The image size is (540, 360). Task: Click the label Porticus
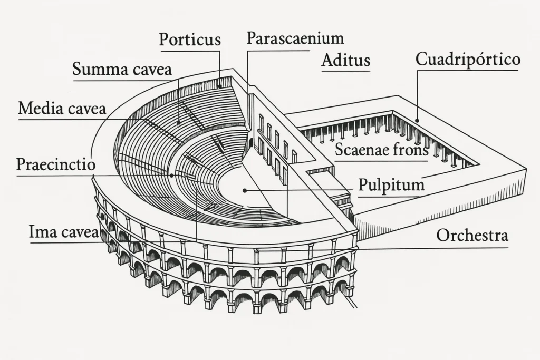tap(190, 40)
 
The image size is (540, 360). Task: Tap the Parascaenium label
tap(295, 38)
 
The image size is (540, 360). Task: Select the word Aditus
tap(345, 60)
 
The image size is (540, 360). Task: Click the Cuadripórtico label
tap(468, 59)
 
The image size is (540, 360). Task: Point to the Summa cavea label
tap(122, 69)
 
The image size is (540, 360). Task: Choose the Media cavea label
tap(62, 109)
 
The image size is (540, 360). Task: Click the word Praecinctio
tap(56, 164)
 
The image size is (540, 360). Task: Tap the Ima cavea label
tap(63, 232)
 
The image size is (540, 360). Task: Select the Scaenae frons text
tap(382, 150)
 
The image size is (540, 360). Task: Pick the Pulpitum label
tap(391, 186)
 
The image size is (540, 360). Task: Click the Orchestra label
tap(472, 236)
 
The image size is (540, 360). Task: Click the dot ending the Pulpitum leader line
tap(244, 190)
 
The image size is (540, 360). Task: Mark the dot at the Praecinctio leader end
tap(171, 175)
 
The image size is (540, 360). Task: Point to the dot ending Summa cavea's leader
tap(178, 123)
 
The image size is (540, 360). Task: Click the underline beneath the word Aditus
tap(345, 71)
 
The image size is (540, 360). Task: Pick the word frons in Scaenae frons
tap(409, 150)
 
